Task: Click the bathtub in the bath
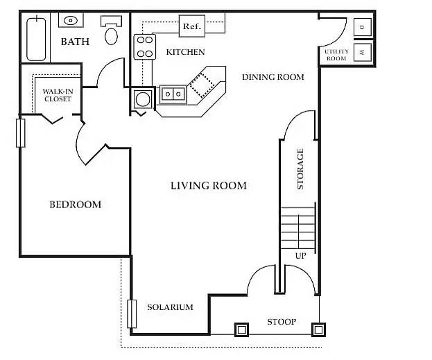(36, 39)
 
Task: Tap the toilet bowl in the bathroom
(112, 36)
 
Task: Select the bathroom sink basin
(71, 20)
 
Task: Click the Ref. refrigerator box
(192, 26)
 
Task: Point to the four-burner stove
(145, 46)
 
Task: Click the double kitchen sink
(173, 94)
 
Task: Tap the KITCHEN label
(185, 52)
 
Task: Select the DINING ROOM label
(273, 77)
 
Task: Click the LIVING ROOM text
(209, 185)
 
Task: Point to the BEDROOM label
(75, 205)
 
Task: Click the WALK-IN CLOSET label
(58, 95)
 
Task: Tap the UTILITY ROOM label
(336, 55)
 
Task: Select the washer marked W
(362, 52)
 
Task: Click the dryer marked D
(362, 27)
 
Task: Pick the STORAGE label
(300, 169)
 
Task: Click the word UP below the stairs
(300, 256)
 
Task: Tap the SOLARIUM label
(170, 307)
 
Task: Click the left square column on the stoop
(241, 329)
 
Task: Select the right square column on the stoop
(318, 329)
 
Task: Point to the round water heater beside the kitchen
(143, 98)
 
